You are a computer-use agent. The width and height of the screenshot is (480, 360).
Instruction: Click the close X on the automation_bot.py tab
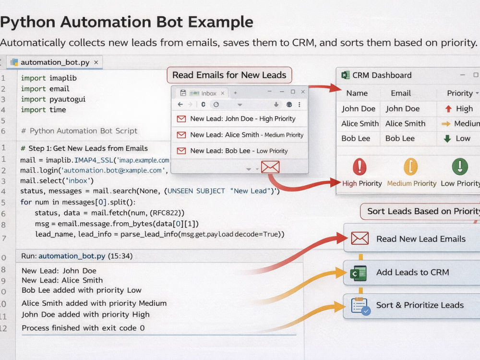click(96, 62)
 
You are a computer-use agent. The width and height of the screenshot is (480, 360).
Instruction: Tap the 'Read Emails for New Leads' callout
click(229, 75)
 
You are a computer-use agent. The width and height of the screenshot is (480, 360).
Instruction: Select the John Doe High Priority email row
click(240, 119)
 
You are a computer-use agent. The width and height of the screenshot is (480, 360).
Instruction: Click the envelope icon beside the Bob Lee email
click(181, 151)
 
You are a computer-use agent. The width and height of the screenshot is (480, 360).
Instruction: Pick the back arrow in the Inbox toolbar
click(180, 104)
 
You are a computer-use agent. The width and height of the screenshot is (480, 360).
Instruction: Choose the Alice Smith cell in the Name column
click(360, 123)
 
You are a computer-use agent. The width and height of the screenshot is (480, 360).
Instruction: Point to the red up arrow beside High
click(448, 108)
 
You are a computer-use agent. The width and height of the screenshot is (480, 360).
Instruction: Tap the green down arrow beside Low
click(447, 139)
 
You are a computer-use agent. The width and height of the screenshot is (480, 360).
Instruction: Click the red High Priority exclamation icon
click(360, 167)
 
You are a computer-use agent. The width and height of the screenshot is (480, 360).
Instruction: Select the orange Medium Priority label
click(412, 183)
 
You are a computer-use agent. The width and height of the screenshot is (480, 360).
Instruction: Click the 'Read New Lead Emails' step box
click(412, 239)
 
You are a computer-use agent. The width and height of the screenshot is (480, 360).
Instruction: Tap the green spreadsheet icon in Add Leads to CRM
click(358, 273)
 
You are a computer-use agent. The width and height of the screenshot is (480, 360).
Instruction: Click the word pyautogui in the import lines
click(67, 99)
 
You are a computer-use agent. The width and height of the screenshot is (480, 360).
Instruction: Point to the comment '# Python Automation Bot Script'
click(79, 131)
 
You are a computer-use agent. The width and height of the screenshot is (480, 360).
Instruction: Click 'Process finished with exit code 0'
click(83, 328)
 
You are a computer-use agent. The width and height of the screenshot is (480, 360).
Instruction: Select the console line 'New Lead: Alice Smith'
click(62, 280)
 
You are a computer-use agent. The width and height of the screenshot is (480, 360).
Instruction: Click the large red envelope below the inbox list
click(270, 167)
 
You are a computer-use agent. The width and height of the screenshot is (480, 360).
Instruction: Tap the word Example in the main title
click(220, 22)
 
